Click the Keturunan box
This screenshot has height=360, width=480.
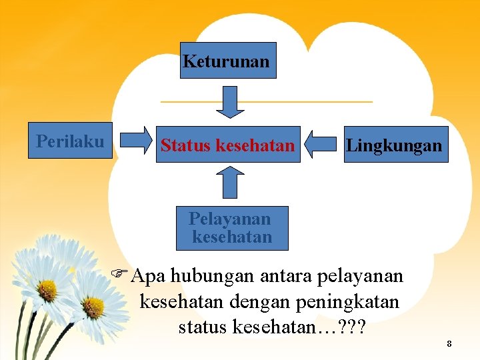coord(227,61)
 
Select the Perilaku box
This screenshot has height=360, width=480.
coord(71,141)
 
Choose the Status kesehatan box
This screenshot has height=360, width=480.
coord(227,145)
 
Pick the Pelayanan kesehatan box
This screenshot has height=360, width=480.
coord(231,228)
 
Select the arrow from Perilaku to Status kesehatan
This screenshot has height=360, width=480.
coord(138,140)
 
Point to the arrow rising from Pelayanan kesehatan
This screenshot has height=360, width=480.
coord(231,182)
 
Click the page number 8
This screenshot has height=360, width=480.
coord(449,344)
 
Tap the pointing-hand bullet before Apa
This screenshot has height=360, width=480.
coord(121,273)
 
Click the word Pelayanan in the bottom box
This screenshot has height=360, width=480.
coord(231,219)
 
